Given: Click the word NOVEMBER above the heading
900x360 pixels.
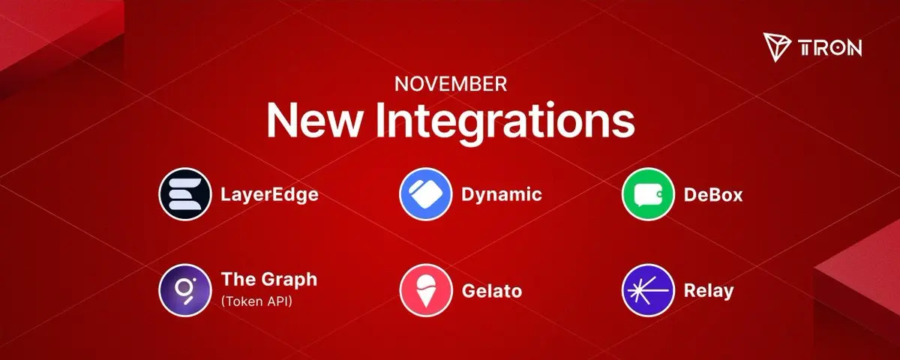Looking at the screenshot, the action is (x=451, y=84).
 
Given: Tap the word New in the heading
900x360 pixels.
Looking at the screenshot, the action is (x=313, y=121).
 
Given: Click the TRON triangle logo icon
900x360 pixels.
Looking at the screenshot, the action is (x=777, y=47).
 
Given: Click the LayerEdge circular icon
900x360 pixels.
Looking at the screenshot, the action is (x=185, y=194).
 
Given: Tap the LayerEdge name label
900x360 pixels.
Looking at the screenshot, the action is (x=269, y=195).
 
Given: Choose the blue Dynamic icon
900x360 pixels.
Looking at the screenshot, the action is (x=426, y=194).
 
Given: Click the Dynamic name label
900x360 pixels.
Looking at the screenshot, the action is (x=502, y=195).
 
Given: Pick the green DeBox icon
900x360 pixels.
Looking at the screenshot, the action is (x=648, y=194).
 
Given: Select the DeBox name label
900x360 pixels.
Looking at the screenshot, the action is (x=713, y=195).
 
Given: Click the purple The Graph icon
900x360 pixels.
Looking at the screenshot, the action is (x=185, y=290).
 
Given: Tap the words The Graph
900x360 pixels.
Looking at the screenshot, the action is (x=269, y=280).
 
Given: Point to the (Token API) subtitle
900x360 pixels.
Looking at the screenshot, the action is (x=256, y=301).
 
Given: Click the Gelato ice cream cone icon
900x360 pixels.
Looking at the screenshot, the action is (x=426, y=290).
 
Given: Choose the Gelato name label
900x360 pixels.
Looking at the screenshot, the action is (x=492, y=291).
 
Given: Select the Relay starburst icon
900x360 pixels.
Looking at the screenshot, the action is (x=648, y=290).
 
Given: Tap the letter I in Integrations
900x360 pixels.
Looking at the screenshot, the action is (x=379, y=121).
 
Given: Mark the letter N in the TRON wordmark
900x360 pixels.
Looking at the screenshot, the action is (x=854, y=48).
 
